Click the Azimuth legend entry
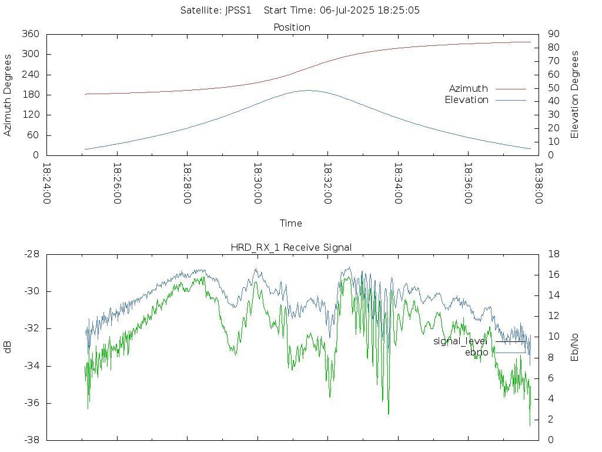pyautogui.click(x=469, y=89)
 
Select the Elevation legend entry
pyautogui.click(x=466, y=100)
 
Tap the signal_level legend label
pyautogui.click(x=460, y=341)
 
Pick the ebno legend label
pyautogui.click(x=476, y=353)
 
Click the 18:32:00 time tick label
pyautogui.click(x=327, y=184)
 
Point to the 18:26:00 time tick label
pyautogui.click(x=117, y=184)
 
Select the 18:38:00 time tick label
pyautogui.click(x=539, y=184)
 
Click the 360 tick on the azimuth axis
pyautogui.click(x=31, y=34)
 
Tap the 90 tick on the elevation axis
pyautogui.click(x=554, y=34)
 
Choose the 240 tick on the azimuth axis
pyautogui.click(x=31, y=74)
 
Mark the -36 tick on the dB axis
pyautogui.click(x=32, y=403)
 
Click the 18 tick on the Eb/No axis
pyautogui.click(x=554, y=254)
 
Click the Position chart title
pyautogui.click(x=292, y=28)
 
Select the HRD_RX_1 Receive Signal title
pyautogui.click(x=291, y=248)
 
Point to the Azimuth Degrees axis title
pyautogui.click(x=7, y=95)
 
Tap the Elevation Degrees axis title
pyautogui.click(x=574, y=95)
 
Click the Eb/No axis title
pyautogui.click(x=574, y=347)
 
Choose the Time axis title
pyautogui.click(x=290, y=223)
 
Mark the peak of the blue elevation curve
pyautogui.click(x=308, y=90)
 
